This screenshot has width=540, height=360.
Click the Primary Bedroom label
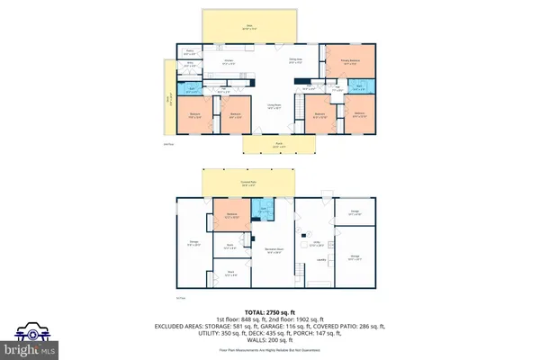click(x=346, y=63)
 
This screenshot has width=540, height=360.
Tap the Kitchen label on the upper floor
click(x=228, y=63)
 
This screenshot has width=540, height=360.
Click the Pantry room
click(x=190, y=53)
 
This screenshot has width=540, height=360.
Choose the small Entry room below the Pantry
click(x=190, y=65)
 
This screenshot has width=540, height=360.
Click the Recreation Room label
click(x=274, y=251)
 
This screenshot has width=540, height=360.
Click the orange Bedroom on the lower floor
click(x=231, y=216)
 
